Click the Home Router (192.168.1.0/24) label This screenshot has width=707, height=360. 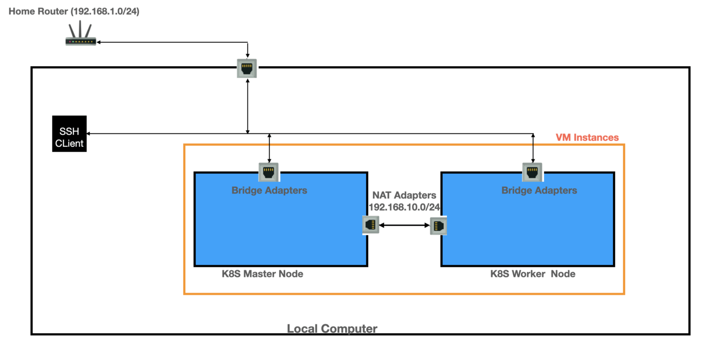(x=74, y=11)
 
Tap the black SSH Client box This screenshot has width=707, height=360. (x=70, y=134)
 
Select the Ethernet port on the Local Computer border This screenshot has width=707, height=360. (x=247, y=68)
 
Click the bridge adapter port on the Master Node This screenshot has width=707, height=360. (x=269, y=172)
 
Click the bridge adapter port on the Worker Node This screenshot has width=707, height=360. (x=532, y=172)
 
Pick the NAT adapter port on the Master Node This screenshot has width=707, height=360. (x=371, y=225)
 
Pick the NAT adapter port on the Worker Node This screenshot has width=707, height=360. (x=438, y=226)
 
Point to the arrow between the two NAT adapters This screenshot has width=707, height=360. (x=404, y=226)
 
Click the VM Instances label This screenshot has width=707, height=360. (x=587, y=137)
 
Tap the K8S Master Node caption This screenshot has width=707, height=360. (x=263, y=274)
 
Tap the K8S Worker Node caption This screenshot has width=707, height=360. (x=533, y=274)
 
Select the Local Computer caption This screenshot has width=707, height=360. (x=332, y=329)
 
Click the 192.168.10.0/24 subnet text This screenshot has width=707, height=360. (x=405, y=207)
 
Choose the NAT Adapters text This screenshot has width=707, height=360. (x=404, y=195)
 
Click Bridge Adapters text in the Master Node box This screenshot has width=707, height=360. (x=269, y=190)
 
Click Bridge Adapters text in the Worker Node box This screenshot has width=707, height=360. (x=539, y=190)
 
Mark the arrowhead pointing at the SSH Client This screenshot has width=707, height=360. (x=89, y=134)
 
